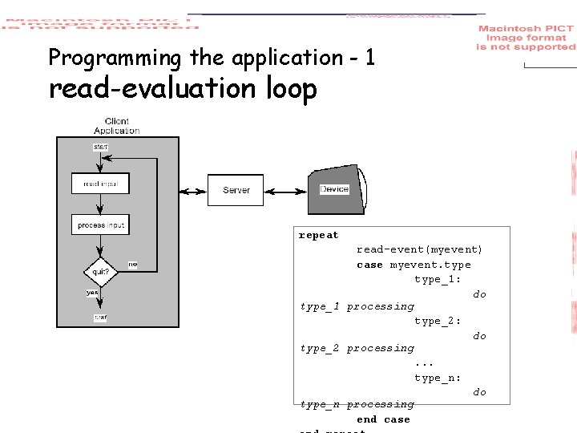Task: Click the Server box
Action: (x=236, y=190)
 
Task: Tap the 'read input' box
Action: (x=100, y=184)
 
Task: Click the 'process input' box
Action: (x=100, y=225)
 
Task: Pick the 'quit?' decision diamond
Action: (x=100, y=271)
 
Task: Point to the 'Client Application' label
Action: (x=116, y=126)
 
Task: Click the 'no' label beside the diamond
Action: (x=132, y=265)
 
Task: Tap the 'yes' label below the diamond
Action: (x=92, y=293)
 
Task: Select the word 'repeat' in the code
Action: (x=318, y=236)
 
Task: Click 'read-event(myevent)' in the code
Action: (x=419, y=250)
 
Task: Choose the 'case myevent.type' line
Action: (x=414, y=265)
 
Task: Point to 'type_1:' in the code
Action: (x=438, y=279)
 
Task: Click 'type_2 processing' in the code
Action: (x=357, y=348)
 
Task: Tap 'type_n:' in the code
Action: (x=438, y=378)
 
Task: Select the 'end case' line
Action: (x=383, y=419)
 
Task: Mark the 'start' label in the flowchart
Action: (x=100, y=147)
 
